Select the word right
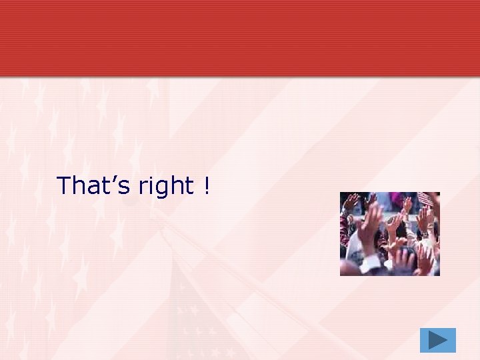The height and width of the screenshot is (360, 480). (166, 186)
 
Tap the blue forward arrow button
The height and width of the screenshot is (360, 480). (437, 340)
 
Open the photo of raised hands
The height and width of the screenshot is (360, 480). (389, 234)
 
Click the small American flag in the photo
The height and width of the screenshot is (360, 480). (425, 199)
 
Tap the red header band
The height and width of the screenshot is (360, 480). (240, 37)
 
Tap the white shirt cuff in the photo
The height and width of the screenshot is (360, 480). (371, 263)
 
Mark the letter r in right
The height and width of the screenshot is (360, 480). (143, 187)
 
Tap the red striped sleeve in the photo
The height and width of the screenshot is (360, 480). (344, 230)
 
